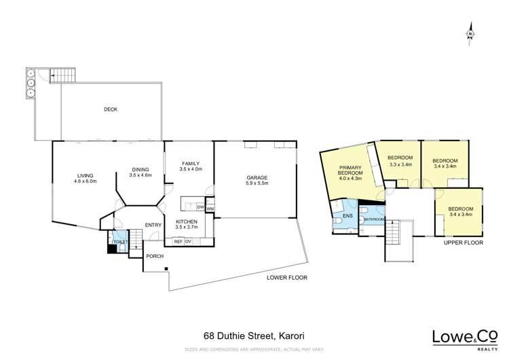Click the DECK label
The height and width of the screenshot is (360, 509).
coord(111,109)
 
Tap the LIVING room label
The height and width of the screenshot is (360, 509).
coord(86,178)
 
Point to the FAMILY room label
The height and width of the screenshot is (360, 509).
coord(189,165)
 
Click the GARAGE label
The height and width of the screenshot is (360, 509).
coord(257,180)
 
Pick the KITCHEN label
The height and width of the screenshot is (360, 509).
coord(187,225)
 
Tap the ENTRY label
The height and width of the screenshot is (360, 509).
coord(153,226)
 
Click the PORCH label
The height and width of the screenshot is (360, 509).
coord(155,256)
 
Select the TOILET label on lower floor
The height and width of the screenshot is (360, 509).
coord(119,242)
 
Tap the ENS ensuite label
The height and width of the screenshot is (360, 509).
coord(347,215)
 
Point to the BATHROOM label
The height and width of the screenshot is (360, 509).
coord(374,219)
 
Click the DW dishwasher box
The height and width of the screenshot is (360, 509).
coord(200,206)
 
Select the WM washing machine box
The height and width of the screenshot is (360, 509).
coord(210,209)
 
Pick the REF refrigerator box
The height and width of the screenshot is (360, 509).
coord(178,241)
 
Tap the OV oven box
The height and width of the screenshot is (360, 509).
coord(189,241)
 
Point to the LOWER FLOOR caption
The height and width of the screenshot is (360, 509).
coord(287,278)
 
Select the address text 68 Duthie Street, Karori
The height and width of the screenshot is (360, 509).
coord(254,336)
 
